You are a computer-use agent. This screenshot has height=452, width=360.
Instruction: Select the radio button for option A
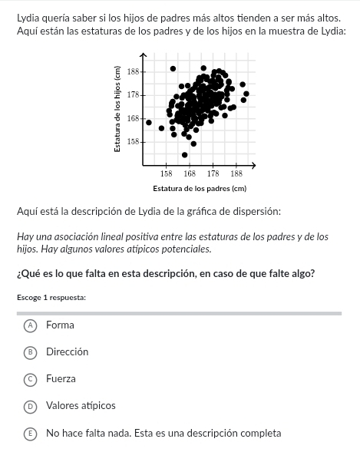click(x=30, y=325)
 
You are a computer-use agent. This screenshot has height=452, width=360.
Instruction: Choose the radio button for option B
click(x=30, y=352)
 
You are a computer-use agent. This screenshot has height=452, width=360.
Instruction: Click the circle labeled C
click(x=30, y=379)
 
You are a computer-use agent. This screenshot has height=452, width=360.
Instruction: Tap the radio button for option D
click(x=30, y=406)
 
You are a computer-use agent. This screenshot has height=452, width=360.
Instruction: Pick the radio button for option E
click(x=30, y=433)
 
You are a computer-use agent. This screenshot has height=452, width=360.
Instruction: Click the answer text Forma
click(x=60, y=325)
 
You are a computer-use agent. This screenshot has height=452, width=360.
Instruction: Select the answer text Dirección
click(x=67, y=352)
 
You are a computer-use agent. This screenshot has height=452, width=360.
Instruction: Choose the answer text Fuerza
click(x=61, y=379)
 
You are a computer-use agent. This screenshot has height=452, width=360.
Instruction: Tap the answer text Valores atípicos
click(x=81, y=406)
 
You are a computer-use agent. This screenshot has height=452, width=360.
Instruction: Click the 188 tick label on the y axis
click(x=132, y=71)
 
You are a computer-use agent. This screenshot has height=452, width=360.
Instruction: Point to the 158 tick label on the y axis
click(x=132, y=142)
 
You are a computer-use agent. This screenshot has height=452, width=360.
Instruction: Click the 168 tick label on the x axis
click(x=190, y=174)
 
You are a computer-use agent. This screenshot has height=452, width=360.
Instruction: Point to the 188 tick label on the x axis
click(x=236, y=174)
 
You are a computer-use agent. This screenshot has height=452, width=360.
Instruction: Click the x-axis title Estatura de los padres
click(x=200, y=188)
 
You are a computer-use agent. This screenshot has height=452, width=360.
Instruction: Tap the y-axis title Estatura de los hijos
click(x=117, y=108)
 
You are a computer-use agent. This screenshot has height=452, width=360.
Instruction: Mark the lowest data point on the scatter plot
click(x=184, y=154)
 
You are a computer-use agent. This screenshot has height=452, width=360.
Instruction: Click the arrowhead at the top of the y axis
click(x=144, y=55)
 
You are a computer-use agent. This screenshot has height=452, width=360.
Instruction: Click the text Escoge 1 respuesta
click(x=51, y=297)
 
